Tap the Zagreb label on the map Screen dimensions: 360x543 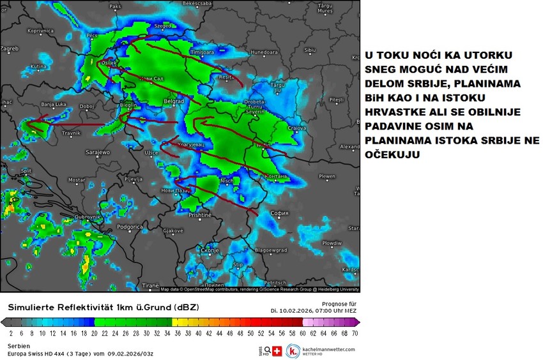tap(10, 48)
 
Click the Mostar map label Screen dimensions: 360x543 tap(76, 180)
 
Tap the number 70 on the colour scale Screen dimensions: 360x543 tap(354, 333)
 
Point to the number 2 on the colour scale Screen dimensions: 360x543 tap(11, 333)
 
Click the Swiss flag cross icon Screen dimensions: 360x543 tap(277, 351)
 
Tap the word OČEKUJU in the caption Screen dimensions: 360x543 tap(392, 154)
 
